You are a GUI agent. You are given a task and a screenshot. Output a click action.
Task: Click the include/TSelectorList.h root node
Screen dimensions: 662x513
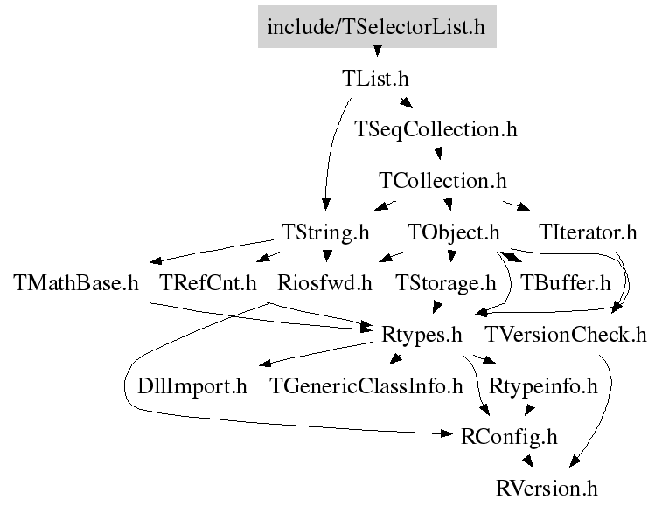tap(377, 26)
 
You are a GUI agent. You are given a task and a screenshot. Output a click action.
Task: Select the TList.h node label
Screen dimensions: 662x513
tap(375, 79)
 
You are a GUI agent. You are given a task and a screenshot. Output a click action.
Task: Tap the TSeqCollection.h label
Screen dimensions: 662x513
tap(436, 129)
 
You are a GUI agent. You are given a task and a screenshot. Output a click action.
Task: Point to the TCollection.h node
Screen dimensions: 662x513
tap(442, 181)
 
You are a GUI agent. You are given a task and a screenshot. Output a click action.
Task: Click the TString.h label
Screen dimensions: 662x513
tap(325, 232)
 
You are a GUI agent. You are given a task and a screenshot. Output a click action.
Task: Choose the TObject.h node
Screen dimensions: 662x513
tap(454, 232)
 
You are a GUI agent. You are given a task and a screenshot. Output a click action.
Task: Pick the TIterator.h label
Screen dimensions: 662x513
tap(588, 232)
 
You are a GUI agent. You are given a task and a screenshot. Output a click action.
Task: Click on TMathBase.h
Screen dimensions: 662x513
tap(76, 283)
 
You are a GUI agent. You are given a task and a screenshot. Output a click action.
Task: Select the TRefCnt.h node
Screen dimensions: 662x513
tap(208, 283)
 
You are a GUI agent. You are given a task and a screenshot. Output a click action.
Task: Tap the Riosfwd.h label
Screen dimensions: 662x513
tap(324, 283)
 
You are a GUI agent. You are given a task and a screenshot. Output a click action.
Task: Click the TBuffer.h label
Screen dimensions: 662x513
tap(566, 283)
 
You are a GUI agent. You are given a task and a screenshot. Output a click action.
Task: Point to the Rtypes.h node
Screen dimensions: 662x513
tap(422, 335)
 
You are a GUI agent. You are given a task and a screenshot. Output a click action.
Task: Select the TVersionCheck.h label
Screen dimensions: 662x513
tap(565, 335)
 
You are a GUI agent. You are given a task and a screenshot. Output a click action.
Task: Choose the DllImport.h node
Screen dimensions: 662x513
tap(192, 386)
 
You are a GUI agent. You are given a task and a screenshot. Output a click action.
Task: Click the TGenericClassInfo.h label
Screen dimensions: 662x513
tap(366, 386)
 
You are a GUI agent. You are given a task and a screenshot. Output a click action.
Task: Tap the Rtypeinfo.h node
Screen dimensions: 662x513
tap(543, 386)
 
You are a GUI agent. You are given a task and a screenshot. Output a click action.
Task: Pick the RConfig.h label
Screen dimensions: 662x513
tap(509, 437)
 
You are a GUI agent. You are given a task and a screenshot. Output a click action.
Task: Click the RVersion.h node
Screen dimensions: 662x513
tap(547, 489)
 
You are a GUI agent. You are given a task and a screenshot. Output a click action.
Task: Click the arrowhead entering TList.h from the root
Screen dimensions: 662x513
tap(378, 51)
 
